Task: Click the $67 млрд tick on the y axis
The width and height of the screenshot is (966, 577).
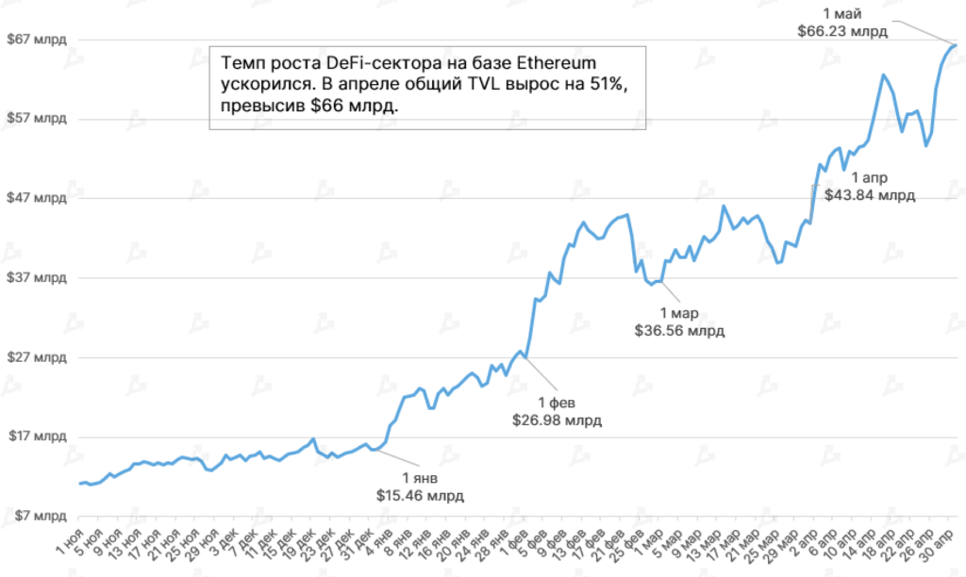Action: pyautogui.click(x=37, y=40)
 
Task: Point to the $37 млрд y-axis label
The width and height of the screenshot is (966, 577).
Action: pyautogui.click(x=37, y=278)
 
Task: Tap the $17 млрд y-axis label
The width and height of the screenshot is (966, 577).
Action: pyautogui.click(x=37, y=437)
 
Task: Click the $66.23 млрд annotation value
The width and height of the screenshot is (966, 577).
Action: pyautogui.click(x=841, y=30)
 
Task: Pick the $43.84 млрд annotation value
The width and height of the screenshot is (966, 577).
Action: pyautogui.click(x=870, y=195)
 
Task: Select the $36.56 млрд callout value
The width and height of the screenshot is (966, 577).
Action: pyautogui.click(x=679, y=331)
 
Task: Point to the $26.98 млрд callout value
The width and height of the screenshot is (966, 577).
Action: pyautogui.click(x=557, y=420)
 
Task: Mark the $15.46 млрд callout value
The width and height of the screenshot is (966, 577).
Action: pyautogui.click(x=421, y=494)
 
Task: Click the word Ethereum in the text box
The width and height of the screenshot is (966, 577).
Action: pyautogui.click(x=551, y=64)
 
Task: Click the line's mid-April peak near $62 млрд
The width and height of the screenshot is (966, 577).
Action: pyautogui.click(x=883, y=74)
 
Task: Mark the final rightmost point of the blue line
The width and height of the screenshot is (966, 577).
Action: pyautogui.click(x=956, y=44)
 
